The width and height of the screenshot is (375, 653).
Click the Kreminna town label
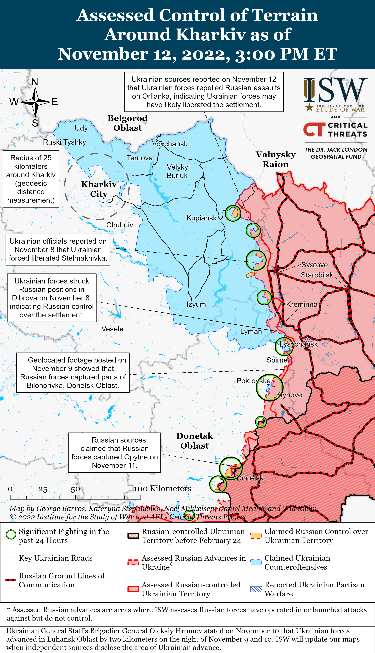coord(302,304)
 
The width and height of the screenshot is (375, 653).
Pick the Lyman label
coord(251,331)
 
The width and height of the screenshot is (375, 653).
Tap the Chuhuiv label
coord(120,225)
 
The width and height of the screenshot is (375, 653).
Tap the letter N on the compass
coord(35,82)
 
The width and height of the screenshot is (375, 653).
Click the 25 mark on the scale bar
coord(43,489)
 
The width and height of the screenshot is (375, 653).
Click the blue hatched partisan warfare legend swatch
coord(256,589)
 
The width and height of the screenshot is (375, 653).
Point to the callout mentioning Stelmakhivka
coord(58,250)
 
